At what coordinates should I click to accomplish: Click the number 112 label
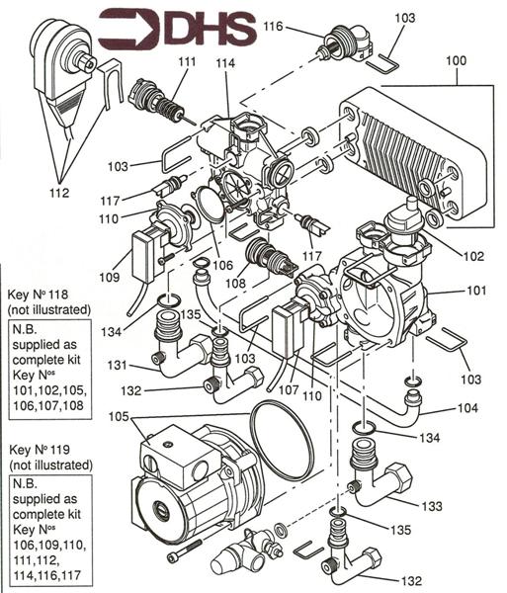point(58,193)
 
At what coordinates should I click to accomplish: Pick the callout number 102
point(472,256)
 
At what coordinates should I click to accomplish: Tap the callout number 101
point(476,291)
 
